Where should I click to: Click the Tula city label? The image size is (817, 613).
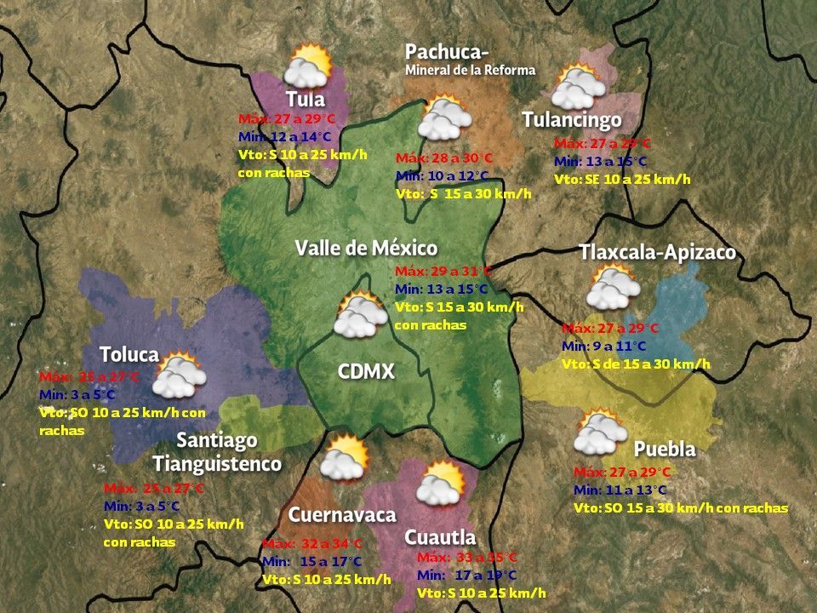(x=305, y=99)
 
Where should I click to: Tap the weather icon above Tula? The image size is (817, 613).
(x=308, y=66)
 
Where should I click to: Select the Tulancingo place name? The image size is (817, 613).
(x=571, y=120)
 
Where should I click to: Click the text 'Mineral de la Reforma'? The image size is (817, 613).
(x=470, y=70)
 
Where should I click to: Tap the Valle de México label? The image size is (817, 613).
(x=366, y=248)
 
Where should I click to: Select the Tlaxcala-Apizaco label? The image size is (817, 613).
(x=657, y=253)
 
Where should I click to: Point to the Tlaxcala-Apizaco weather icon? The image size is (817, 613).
(x=613, y=288)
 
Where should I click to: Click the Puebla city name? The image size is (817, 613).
(x=665, y=449)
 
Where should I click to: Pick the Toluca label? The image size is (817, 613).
(x=129, y=354)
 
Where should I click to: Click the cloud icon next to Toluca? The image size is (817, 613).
(x=180, y=375)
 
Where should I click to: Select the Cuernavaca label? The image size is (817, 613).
(x=342, y=515)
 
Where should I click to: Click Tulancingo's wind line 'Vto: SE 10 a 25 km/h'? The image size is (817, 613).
(x=622, y=179)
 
